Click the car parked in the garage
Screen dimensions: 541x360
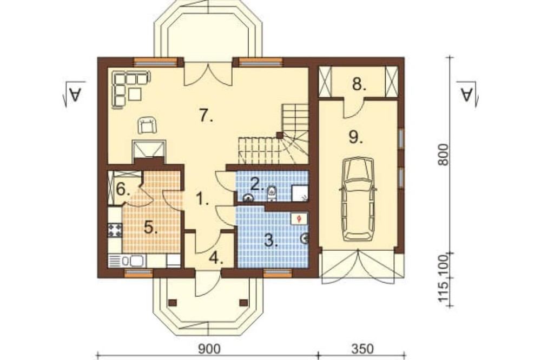click(x=358, y=198)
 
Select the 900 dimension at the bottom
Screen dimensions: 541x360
click(x=209, y=349)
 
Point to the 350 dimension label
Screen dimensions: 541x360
click(x=363, y=349)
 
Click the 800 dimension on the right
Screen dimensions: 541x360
click(x=444, y=154)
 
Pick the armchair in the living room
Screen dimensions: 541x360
click(x=147, y=125)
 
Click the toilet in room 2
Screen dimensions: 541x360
click(x=272, y=193)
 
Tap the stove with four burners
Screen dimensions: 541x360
click(x=115, y=230)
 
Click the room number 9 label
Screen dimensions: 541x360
click(x=355, y=137)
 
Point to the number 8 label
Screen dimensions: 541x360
click(x=359, y=84)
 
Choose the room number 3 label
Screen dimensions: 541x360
click(x=271, y=240)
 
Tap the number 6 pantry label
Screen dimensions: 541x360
click(x=123, y=189)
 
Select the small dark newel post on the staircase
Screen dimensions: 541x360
click(x=280, y=135)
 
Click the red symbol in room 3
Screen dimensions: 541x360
click(x=299, y=218)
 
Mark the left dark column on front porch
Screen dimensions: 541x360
click(x=173, y=303)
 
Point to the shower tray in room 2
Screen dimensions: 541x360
click(x=300, y=193)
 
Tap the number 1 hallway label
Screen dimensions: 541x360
click(x=202, y=198)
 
